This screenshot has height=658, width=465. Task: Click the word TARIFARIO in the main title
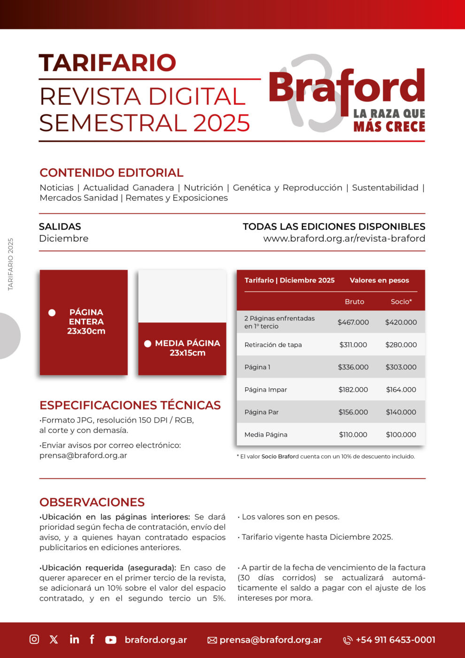[x=108, y=63]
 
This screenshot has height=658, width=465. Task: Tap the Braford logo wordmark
[x=347, y=87]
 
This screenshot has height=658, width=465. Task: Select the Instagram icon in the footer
[x=34, y=639]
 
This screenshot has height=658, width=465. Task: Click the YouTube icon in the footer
[x=111, y=640]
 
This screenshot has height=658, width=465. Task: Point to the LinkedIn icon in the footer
[x=74, y=639]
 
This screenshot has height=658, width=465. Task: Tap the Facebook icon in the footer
[x=92, y=639]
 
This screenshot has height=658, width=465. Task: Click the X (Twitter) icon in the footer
[x=54, y=639]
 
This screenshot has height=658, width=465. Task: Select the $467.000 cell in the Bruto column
[x=353, y=322]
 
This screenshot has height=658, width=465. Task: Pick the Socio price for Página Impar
[x=401, y=390]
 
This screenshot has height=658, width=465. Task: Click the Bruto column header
[x=354, y=302]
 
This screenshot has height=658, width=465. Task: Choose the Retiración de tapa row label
[x=273, y=345]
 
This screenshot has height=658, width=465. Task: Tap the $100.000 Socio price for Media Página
[x=401, y=435]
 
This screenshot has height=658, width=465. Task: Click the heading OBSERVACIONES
[x=92, y=502]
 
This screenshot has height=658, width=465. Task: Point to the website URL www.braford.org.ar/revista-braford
[x=344, y=239]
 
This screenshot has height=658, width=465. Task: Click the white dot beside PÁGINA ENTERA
[x=52, y=313]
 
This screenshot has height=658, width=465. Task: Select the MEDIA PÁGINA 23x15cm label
[x=187, y=348]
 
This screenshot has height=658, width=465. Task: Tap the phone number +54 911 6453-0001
[x=395, y=640]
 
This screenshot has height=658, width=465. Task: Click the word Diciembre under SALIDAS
[x=64, y=239]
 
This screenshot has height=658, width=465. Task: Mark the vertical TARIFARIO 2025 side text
[x=11, y=264]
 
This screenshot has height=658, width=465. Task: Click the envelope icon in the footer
[x=212, y=640]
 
